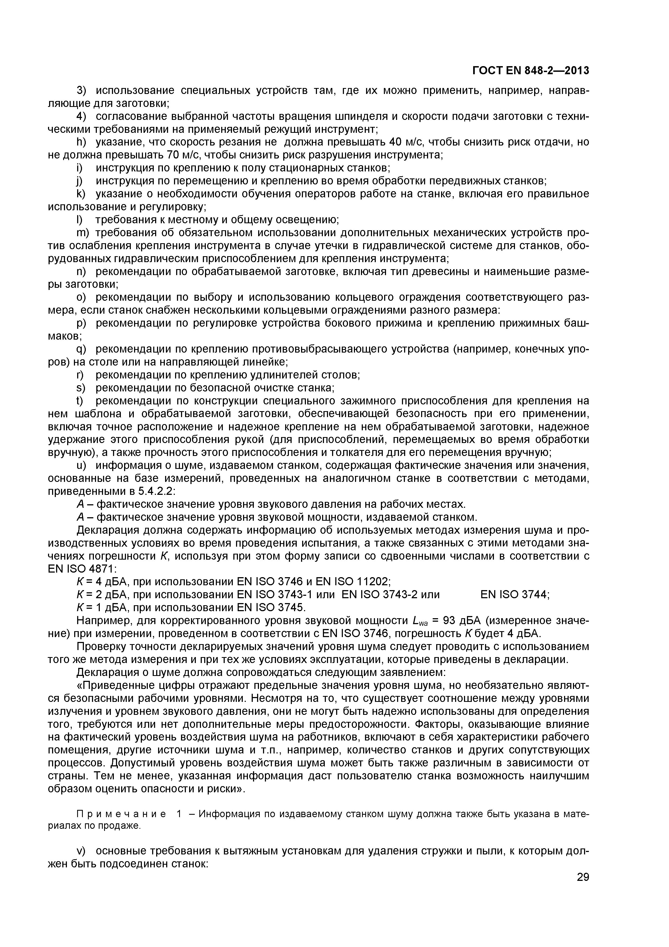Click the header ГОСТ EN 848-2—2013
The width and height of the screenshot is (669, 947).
point(531,71)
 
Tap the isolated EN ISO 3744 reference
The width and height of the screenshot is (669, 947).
point(514,595)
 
